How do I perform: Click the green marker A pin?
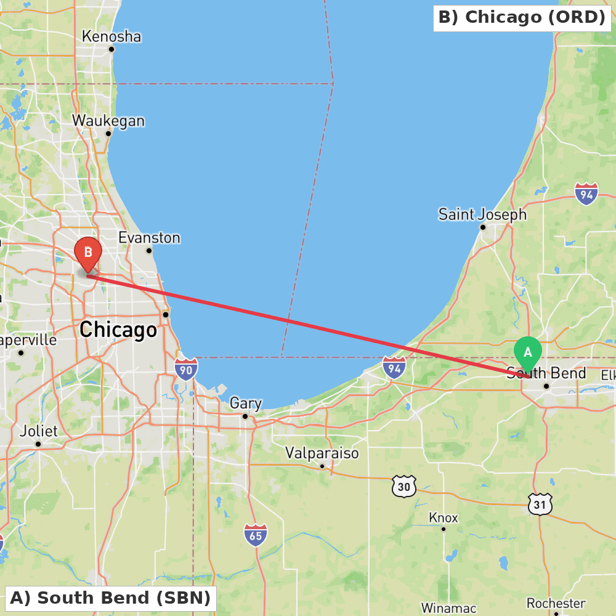[528, 353]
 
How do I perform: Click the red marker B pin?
[88, 253]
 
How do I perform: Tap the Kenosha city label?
[111, 36]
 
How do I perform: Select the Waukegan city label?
[108, 121]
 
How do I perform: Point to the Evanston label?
[149, 238]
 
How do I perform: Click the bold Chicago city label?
[118, 330]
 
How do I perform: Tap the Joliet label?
[38, 431]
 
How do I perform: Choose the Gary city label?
[246, 403]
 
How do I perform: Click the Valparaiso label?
[322, 453]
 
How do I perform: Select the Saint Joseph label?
[482, 214]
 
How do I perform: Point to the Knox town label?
[444, 517]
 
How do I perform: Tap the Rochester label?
[556, 603]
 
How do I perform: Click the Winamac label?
[449, 608]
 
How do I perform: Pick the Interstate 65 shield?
[256, 535]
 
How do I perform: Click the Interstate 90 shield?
[186, 369]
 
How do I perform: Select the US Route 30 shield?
[404, 487]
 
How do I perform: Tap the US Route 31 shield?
[540, 505]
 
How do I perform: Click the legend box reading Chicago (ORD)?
[522, 17]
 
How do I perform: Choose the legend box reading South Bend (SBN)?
[110, 598]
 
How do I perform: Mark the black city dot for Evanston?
[149, 250]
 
